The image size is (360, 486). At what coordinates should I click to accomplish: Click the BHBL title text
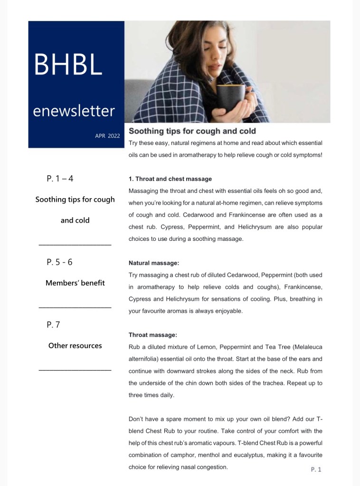point(68,65)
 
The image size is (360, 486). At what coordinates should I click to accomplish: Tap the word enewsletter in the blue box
point(74,111)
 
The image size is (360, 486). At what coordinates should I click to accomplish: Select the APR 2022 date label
point(107,136)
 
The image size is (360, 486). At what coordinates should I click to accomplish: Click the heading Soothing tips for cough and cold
point(192,131)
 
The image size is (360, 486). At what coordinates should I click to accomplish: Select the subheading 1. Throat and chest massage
point(170,179)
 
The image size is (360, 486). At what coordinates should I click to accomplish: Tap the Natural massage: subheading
point(154,263)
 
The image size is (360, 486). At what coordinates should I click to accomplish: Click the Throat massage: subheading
point(152,335)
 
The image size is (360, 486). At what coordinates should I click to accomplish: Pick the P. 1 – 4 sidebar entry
point(60,179)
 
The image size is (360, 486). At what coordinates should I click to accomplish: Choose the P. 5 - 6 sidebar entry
point(59,262)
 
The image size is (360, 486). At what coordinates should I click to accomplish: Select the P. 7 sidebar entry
point(53,325)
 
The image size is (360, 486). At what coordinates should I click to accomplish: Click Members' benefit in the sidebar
point(75,283)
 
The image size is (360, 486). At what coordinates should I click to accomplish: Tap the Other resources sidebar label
point(75,346)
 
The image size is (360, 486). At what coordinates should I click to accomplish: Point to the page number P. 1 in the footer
point(316,469)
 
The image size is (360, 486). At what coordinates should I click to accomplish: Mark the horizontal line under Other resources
point(75,370)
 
